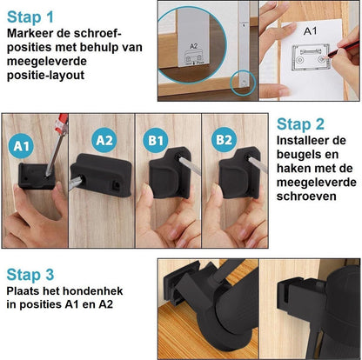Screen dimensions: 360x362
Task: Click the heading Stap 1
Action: [30, 16]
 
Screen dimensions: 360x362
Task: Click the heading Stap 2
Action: [300, 123]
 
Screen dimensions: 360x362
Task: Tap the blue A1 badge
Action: [23, 146]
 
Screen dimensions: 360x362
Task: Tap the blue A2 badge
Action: [103, 139]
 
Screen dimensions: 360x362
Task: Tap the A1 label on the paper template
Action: [309, 30]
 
